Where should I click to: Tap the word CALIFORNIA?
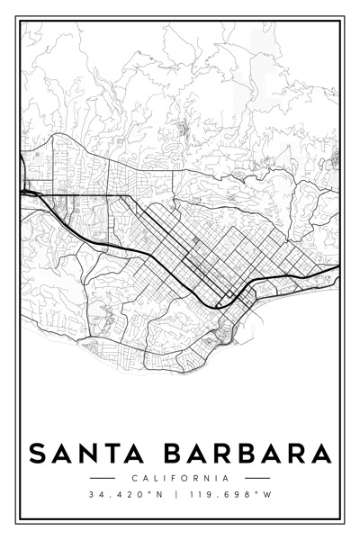click(180, 478)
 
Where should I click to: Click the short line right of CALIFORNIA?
click(257, 478)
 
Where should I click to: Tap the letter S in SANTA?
click(38, 453)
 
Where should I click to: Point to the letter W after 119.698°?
click(267, 496)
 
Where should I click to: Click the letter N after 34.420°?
click(162, 496)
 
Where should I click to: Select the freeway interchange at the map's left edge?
click(27, 192)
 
